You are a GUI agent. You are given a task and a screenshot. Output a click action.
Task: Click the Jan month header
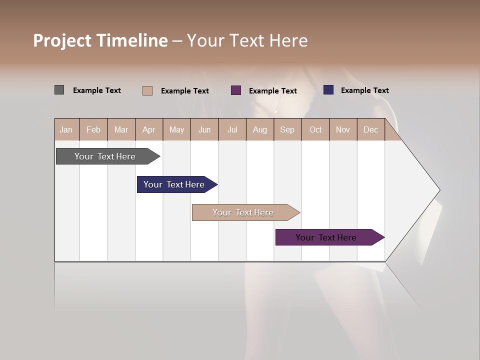pyautogui.click(x=66, y=129)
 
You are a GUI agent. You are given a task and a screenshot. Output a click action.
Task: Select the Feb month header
pyautogui.click(x=93, y=129)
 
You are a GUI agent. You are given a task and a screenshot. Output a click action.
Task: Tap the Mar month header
pyautogui.click(x=121, y=129)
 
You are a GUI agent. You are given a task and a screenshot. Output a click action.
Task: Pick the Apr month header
pyautogui.click(x=149, y=129)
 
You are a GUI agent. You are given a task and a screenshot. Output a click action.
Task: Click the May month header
pyautogui.click(x=176, y=129)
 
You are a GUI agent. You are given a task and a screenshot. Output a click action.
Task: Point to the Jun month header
pyautogui.click(x=204, y=129)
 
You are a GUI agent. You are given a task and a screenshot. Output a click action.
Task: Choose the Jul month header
pyautogui.click(x=232, y=129)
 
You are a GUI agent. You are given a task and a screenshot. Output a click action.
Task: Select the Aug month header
pyautogui.click(x=260, y=129)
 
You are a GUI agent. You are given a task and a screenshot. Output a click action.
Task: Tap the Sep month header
pyautogui.click(x=287, y=129)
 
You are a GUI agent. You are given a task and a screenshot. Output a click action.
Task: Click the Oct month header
pyautogui.click(x=315, y=129)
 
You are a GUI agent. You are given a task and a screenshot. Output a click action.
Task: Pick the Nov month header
pyautogui.click(x=343, y=129)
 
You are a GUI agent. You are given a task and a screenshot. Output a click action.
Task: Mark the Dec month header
pyautogui.click(x=371, y=129)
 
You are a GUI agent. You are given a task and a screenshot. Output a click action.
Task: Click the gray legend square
pyautogui.click(x=59, y=90)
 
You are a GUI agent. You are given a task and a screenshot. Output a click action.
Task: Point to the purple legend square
pyautogui.click(x=236, y=90)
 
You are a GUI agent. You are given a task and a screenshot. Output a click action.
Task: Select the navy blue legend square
pyautogui.click(x=328, y=90)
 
